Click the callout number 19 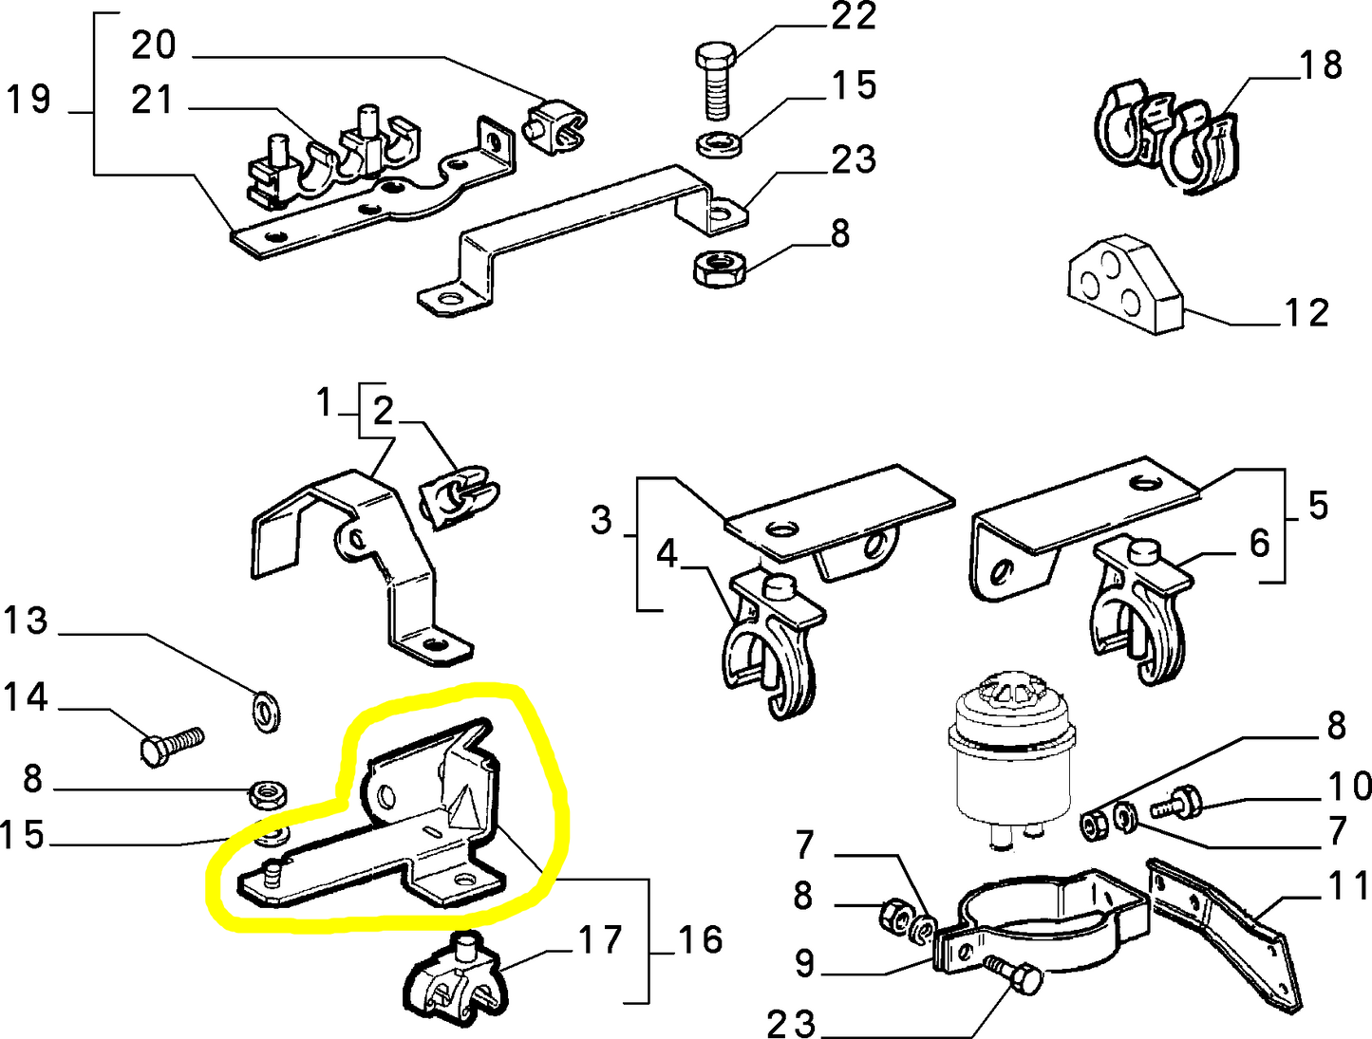[x=28, y=99]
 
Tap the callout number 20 [x=154, y=45]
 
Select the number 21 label [x=152, y=100]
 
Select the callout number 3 [x=601, y=520]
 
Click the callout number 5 [x=1318, y=506]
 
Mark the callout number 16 [x=700, y=939]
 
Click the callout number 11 [x=1348, y=885]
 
